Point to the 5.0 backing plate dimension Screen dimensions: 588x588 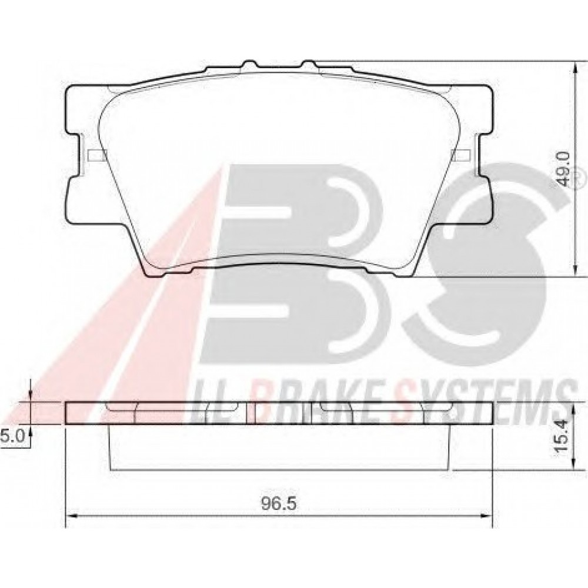pyautogui.click(x=12, y=436)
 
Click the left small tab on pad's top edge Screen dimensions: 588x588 pyautogui.click(x=249, y=64)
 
